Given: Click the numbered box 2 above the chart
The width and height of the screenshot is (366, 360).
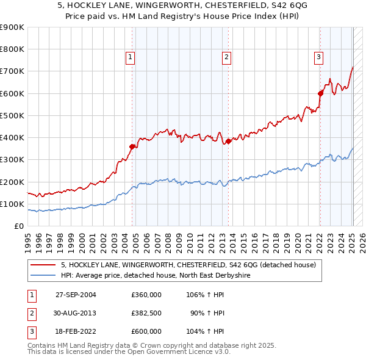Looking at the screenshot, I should pos(226,57).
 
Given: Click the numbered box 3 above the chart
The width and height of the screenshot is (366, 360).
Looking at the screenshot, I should pos(318,57).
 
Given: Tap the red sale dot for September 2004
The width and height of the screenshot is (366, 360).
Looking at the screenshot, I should pos(132,146).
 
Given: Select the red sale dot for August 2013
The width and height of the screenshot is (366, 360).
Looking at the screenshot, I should pos(228,142).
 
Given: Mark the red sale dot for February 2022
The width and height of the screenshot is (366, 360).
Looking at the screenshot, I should pos(320,93).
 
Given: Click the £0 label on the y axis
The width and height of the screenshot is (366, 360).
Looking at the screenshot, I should pos(19,226).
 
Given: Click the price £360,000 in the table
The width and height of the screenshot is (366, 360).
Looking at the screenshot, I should pos(146,294).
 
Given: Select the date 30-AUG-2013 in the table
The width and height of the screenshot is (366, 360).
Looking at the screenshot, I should pos(76,313).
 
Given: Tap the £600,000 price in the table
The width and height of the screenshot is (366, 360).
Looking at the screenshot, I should pos(146,331).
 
